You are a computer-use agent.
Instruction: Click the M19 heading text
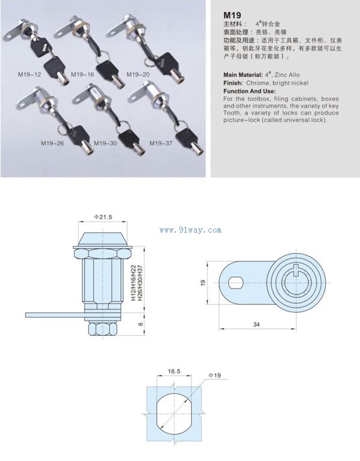click(232, 14)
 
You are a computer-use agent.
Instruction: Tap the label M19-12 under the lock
click(29, 75)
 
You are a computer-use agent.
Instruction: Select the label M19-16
click(82, 75)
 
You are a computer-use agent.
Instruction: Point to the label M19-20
click(137, 75)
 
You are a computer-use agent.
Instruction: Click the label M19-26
click(53, 143)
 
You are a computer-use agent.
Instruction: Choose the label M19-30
click(106, 143)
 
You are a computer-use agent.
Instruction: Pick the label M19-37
click(161, 143)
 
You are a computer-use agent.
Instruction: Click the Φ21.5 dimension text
click(103, 216)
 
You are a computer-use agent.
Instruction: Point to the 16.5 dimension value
click(174, 372)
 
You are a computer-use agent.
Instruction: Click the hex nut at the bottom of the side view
click(101, 330)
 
